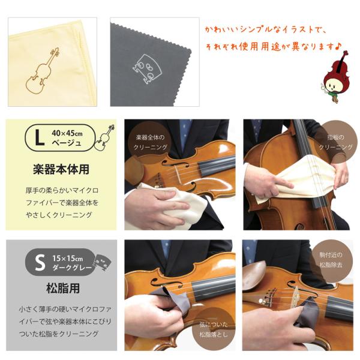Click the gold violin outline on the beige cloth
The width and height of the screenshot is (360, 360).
43,71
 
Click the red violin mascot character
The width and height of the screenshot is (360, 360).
335,77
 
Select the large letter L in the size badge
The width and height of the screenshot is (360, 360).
40,137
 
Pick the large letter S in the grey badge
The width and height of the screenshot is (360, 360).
40,263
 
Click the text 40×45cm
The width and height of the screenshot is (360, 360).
67,133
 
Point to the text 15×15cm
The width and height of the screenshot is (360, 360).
67,259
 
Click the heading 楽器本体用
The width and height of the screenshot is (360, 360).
61,169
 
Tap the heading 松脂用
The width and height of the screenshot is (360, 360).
63,288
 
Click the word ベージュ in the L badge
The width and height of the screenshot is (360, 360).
67,143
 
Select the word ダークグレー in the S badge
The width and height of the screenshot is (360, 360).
72,268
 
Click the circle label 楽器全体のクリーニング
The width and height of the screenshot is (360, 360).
151,142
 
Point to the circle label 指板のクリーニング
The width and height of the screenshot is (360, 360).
335,142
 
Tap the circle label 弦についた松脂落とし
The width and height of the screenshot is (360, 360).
214,329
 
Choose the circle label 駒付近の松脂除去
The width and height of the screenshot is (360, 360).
331,260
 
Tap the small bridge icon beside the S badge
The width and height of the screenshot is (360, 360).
103,262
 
